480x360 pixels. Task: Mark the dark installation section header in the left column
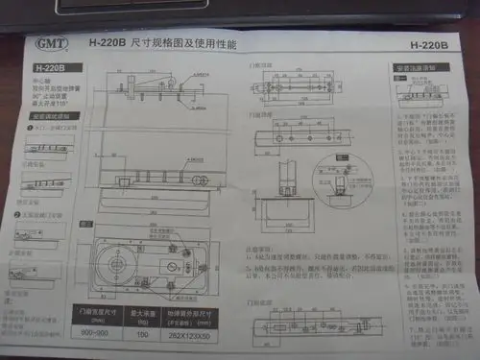click(49, 118)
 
